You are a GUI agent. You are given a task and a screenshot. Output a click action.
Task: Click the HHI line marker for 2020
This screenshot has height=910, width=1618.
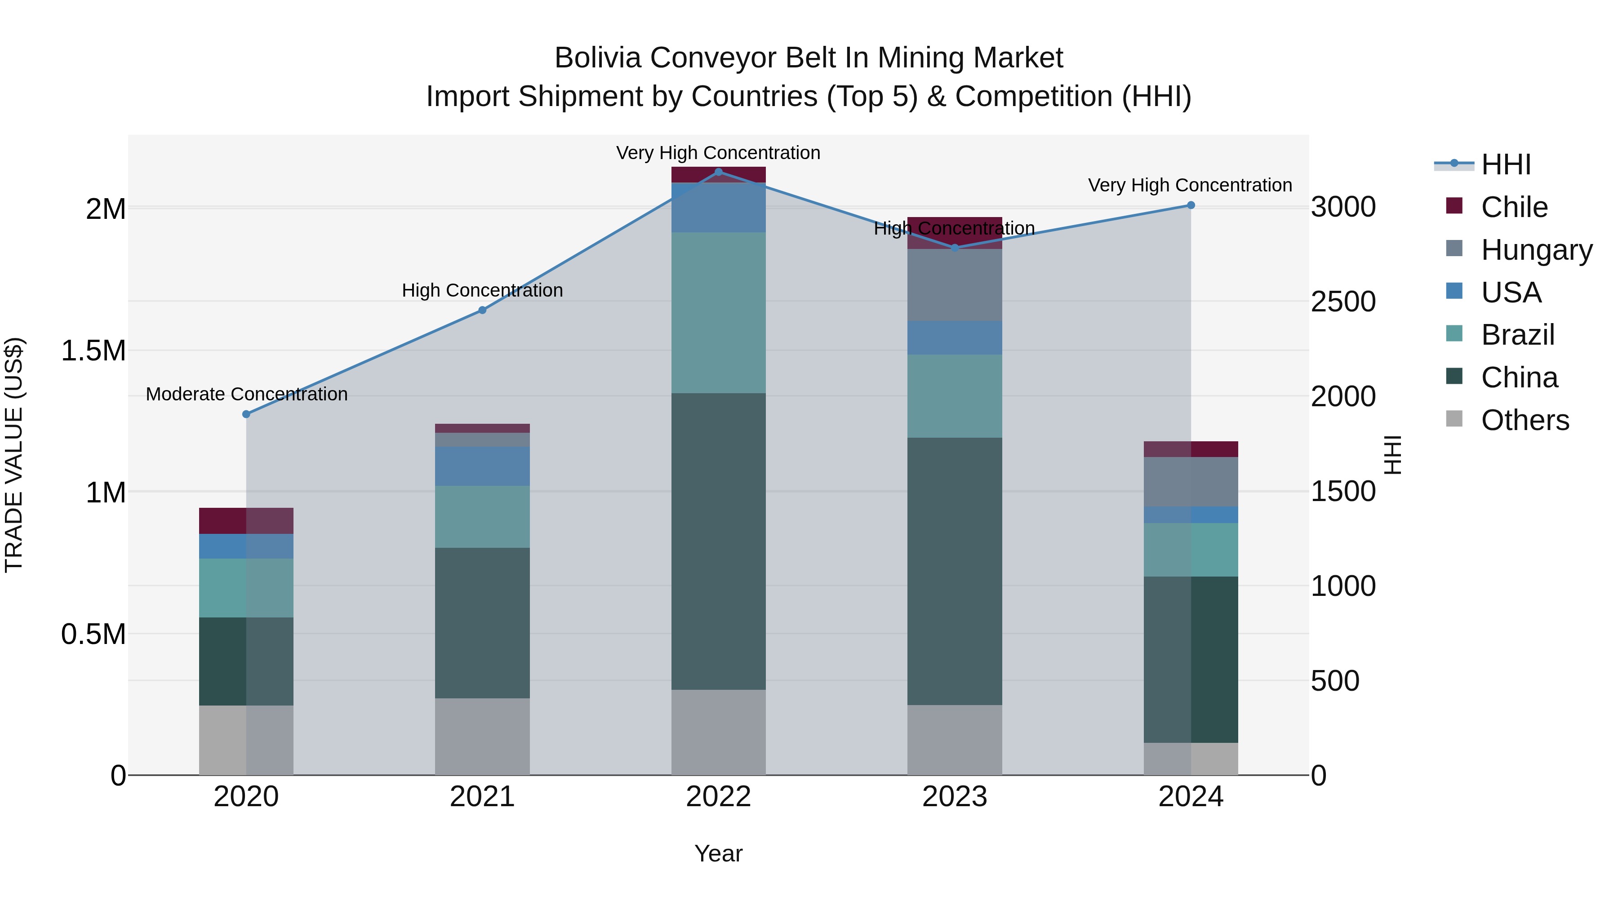[246, 414]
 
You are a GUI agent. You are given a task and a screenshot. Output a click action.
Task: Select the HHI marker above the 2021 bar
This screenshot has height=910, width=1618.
[482, 310]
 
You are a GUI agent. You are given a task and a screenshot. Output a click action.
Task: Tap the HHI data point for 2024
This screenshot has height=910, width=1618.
[1191, 205]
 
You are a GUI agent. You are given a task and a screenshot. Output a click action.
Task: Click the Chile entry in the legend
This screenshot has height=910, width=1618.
[1514, 207]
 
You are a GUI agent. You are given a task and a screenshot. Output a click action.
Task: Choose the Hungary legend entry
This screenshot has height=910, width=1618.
[1536, 250]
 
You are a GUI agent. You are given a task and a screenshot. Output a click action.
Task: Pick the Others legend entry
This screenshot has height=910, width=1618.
[1525, 420]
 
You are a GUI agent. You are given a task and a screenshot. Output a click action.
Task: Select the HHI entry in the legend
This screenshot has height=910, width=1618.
[1506, 164]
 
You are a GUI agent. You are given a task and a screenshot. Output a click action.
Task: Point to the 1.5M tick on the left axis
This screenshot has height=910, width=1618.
[93, 351]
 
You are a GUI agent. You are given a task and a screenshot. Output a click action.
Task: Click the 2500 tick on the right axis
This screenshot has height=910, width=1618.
[1343, 302]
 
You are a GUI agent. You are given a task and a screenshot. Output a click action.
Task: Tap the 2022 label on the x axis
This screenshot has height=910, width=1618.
[719, 797]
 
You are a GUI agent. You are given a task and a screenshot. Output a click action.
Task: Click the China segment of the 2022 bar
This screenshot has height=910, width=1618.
[719, 542]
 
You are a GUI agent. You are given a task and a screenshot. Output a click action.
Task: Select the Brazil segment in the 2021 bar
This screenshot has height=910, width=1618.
[482, 517]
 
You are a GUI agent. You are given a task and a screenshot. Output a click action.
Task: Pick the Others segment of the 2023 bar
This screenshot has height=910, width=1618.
[955, 740]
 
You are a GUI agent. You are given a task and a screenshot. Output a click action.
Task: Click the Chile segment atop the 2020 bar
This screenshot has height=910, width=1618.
[246, 521]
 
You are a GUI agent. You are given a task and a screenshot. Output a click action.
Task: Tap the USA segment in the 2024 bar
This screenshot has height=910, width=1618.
[1191, 515]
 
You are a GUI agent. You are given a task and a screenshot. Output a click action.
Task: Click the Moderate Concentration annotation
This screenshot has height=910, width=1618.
[247, 395]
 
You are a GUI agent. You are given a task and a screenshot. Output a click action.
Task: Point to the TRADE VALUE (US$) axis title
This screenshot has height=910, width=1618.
[14, 455]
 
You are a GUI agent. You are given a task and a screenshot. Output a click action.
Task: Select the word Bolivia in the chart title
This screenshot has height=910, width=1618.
[597, 58]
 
